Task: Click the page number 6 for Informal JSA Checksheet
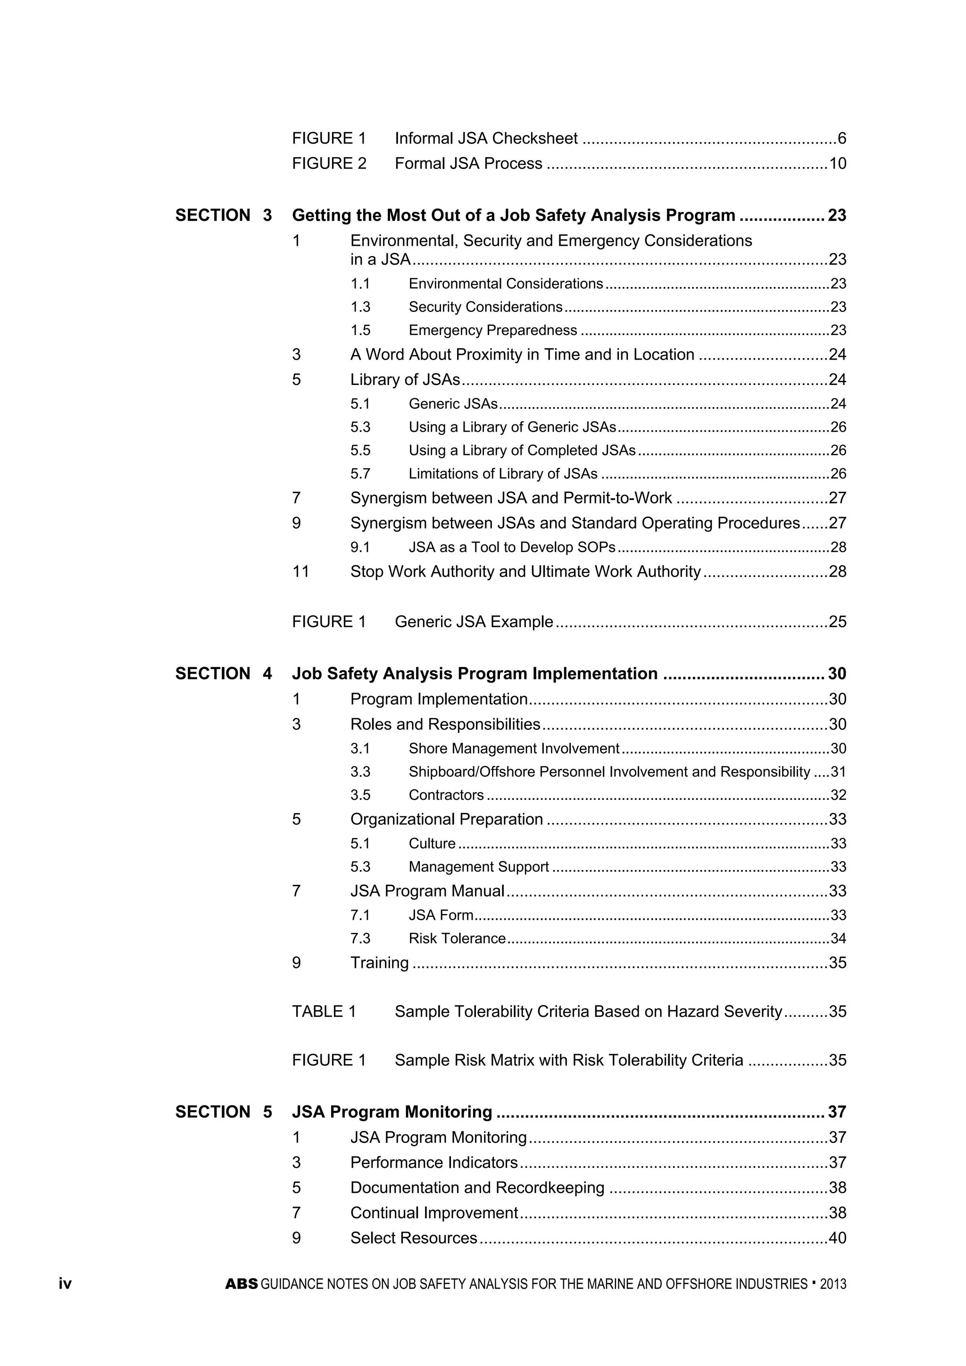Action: (841, 139)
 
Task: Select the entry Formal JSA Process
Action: (468, 164)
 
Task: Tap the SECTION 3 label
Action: (223, 215)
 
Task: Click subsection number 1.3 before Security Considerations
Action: (360, 307)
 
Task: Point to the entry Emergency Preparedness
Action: (492, 330)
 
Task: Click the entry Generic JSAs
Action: (453, 404)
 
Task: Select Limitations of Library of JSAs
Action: (503, 474)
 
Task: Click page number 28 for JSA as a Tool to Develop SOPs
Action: (838, 547)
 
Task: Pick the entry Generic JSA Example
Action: (474, 622)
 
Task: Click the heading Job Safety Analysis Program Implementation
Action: (475, 673)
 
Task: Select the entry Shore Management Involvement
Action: (514, 748)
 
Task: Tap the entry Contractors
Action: (446, 795)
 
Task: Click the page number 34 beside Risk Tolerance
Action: (838, 938)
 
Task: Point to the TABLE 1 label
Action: (324, 1012)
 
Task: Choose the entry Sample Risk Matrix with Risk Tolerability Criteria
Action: (569, 1060)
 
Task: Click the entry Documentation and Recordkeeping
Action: (477, 1188)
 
